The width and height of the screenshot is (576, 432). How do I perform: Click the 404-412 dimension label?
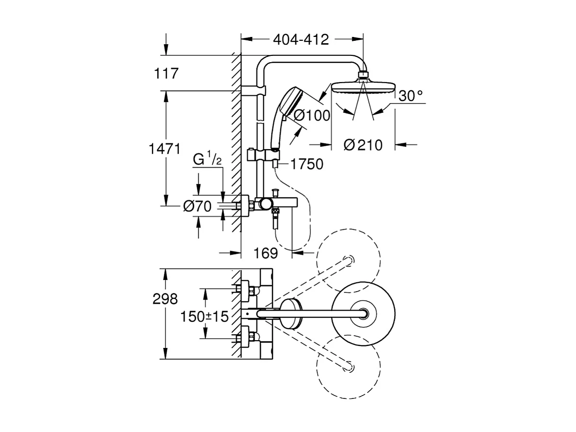301,40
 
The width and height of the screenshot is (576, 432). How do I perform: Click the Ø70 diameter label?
197,207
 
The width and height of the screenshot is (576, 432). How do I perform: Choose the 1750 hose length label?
306,164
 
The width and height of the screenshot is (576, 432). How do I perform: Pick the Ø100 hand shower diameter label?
312,116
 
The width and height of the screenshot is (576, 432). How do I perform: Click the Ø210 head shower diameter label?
363,145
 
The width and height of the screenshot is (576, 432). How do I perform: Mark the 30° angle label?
410,96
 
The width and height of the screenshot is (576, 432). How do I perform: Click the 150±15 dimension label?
204,317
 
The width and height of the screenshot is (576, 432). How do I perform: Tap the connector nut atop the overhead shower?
362,76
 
